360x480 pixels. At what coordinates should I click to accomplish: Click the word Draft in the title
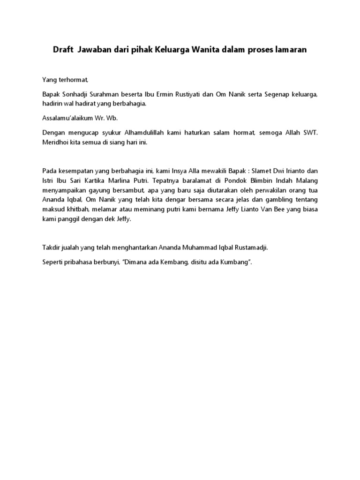pos(63,50)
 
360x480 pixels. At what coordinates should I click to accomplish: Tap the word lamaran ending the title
pos(291,50)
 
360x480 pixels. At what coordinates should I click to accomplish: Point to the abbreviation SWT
pos(309,134)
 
